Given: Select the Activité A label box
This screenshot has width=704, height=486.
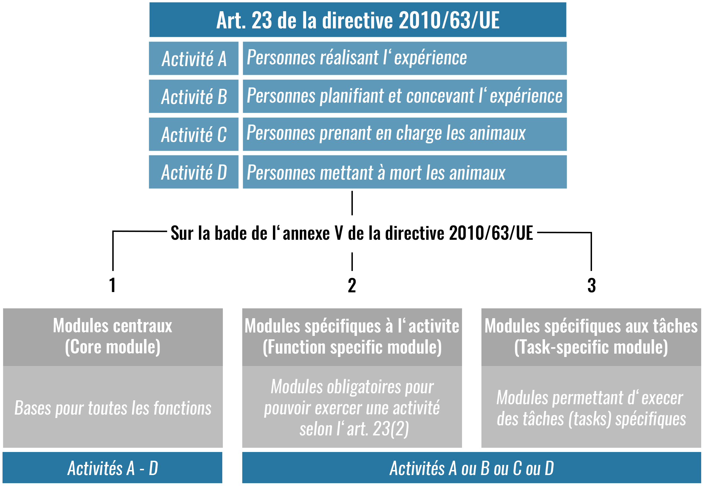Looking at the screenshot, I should click(194, 58).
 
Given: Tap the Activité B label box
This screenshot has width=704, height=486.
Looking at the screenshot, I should click(194, 96).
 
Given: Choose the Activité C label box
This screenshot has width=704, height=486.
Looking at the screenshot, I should click(194, 134).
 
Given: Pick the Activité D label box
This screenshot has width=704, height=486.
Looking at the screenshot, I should click(194, 172).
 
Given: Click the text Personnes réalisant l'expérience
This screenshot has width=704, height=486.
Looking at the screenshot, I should click(357, 58).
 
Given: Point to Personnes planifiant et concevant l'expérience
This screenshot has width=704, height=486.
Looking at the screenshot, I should click(404, 96).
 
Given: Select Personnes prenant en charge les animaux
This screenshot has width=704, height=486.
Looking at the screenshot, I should click(386, 133).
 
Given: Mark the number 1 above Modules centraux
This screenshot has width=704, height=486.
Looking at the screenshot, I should click(113, 285).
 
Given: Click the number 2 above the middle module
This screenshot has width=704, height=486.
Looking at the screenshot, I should click(352, 286).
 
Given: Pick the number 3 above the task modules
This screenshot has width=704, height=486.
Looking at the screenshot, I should click(591, 286).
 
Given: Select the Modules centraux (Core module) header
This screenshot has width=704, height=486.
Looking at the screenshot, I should click(113, 336).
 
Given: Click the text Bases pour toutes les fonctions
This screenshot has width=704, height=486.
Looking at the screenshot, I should click(113, 408).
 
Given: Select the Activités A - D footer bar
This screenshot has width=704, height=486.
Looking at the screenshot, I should click(113, 468).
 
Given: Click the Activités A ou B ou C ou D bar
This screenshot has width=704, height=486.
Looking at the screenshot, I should click(472, 468).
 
